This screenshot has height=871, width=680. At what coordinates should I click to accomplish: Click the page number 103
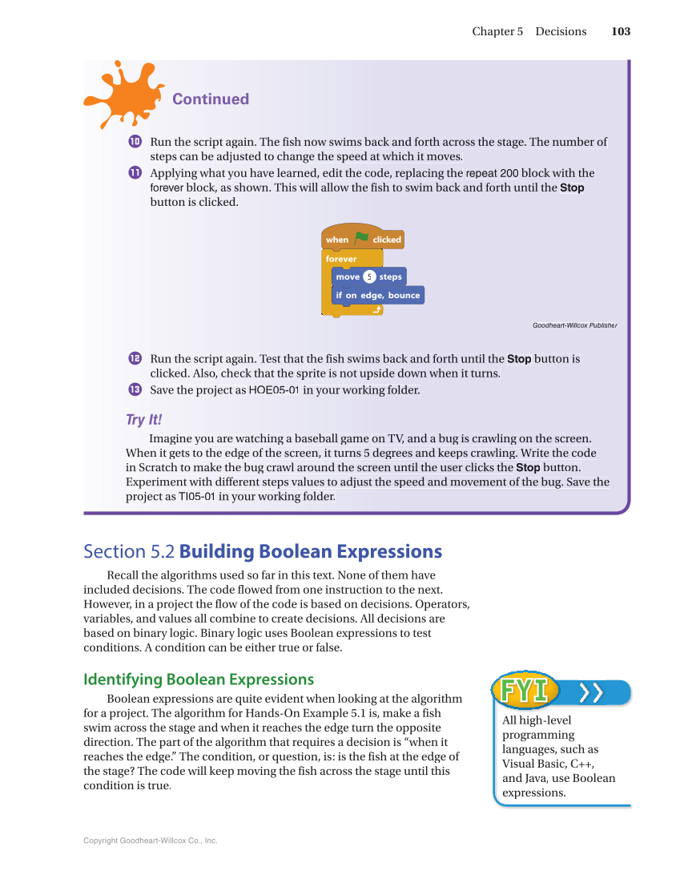click(620, 31)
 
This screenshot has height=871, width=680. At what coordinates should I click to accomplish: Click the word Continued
click(211, 99)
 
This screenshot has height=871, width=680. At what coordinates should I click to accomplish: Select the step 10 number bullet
click(135, 142)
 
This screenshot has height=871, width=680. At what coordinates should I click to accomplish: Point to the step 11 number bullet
click(135, 173)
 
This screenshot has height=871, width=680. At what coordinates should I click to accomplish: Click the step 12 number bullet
click(135, 358)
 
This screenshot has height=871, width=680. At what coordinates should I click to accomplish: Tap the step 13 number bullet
click(135, 389)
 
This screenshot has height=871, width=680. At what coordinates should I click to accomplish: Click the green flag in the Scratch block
click(361, 238)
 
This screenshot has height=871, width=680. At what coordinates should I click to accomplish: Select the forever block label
click(341, 259)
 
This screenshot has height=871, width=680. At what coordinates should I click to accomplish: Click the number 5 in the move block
click(369, 276)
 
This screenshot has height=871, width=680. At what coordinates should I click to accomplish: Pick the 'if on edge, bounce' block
click(377, 295)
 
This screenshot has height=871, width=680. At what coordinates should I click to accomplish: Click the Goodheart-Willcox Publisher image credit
click(574, 325)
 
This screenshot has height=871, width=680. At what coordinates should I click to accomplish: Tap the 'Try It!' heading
click(144, 420)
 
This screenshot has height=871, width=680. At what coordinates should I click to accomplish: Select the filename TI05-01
click(196, 497)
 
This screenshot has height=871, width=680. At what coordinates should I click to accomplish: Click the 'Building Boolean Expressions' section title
click(311, 551)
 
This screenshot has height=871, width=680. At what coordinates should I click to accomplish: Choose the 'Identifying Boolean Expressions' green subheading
click(199, 679)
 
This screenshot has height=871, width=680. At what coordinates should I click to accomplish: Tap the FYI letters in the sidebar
click(525, 691)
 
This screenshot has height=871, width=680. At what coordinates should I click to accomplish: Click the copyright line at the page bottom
click(151, 841)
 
